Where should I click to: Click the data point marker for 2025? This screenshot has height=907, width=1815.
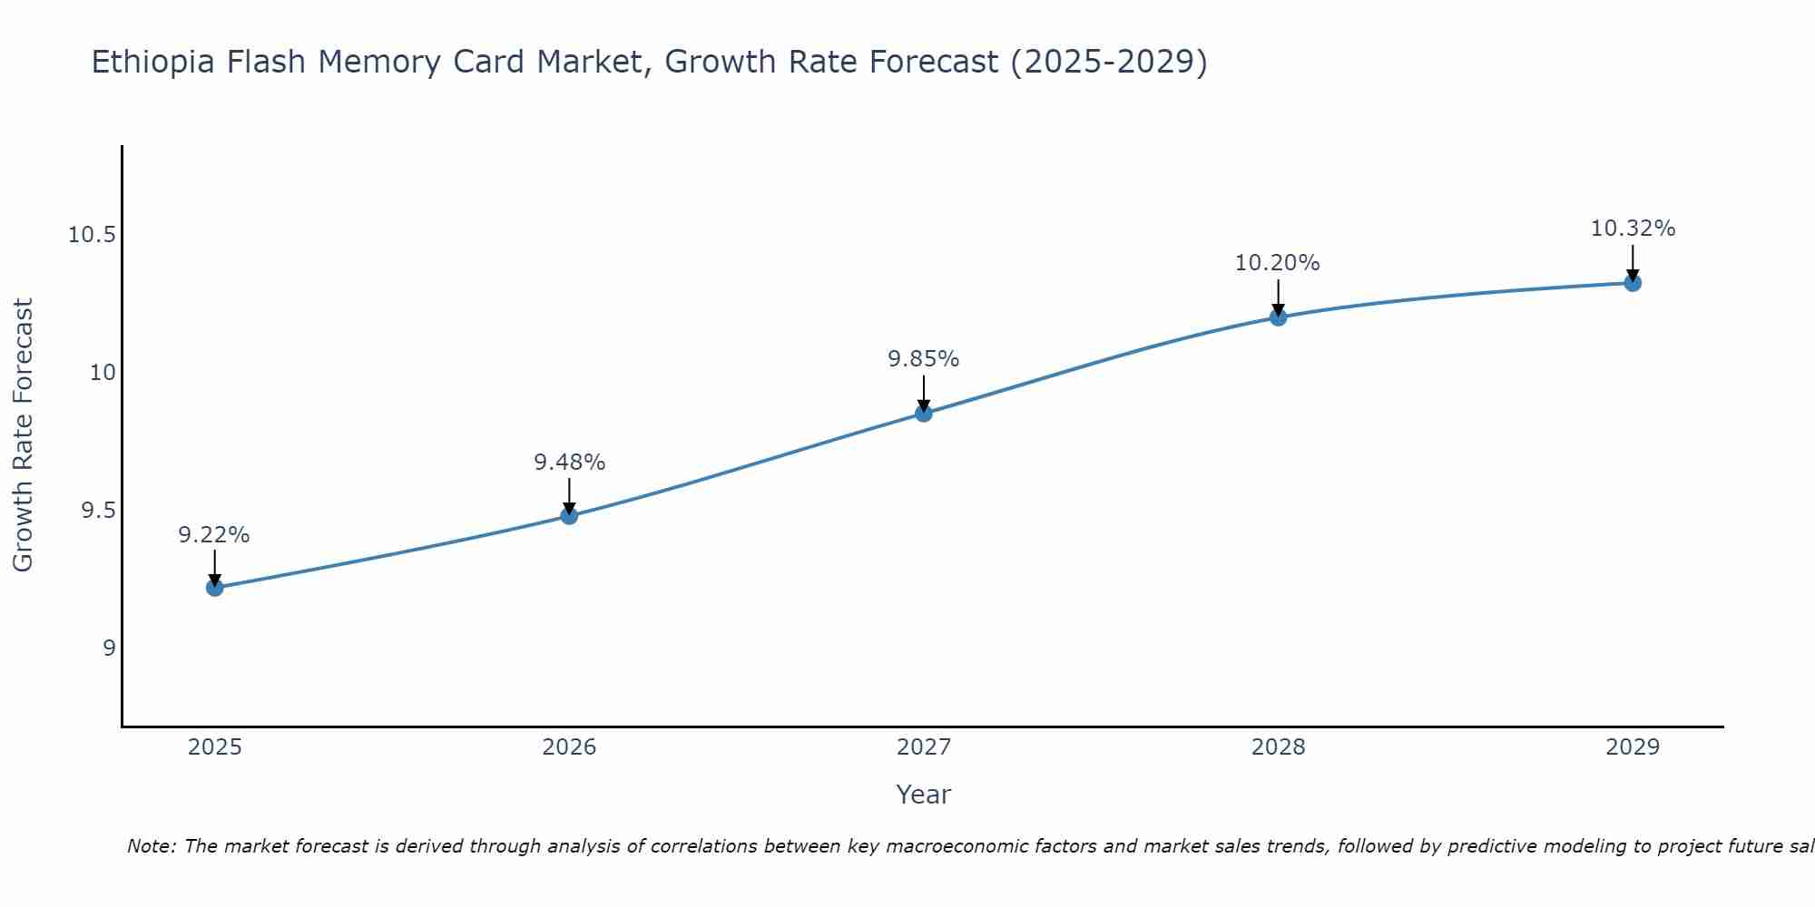(214, 588)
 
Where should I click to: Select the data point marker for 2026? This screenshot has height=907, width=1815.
(569, 515)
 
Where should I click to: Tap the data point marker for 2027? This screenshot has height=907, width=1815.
(924, 414)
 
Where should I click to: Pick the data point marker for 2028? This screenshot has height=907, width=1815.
(1278, 317)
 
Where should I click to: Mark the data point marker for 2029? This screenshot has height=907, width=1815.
(1633, 283)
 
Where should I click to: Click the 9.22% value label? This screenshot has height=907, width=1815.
(214, 535)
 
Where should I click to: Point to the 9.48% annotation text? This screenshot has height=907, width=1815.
(569, 463)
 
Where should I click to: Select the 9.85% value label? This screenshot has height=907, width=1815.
(924, 359)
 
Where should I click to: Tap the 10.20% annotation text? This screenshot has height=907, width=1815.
(1278, 263)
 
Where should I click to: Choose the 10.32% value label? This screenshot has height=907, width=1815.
(1633, 229)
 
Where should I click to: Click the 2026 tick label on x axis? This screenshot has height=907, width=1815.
(569, 747)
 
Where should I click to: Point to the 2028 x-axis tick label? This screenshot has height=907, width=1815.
(1278, 747)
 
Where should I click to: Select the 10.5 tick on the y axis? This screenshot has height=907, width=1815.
(92, 236)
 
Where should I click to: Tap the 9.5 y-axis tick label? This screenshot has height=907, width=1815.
(98, 511)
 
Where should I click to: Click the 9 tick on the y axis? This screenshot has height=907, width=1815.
(109, 648)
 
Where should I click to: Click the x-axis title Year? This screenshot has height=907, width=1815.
(923, 795)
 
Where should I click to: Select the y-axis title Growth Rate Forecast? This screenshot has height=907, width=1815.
(24, 435)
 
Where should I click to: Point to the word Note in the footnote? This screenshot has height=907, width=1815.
(151, 846)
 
